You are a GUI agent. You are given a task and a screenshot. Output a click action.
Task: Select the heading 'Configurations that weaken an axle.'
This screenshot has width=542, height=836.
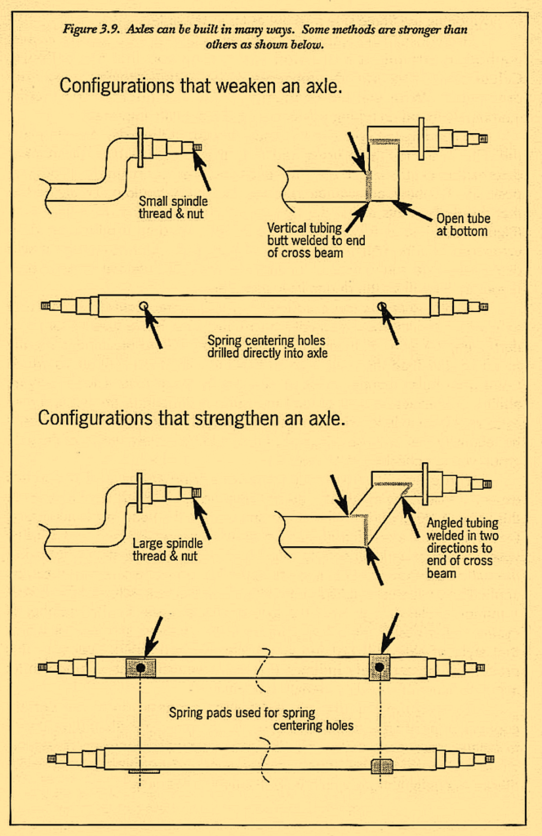tap(200, 86)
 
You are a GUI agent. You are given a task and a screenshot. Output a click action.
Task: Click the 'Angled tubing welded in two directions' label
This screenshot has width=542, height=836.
tap(462, 548)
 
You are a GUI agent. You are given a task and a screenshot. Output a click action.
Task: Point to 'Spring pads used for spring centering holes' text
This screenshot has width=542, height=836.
tap(261, 718)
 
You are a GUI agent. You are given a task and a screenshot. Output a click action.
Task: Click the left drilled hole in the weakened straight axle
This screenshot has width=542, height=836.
tap(144, 307)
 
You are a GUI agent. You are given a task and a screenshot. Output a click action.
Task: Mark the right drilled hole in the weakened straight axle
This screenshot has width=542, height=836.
tap(381, 307)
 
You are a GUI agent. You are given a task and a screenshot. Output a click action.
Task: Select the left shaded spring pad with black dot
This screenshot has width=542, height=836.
tap(140, 667)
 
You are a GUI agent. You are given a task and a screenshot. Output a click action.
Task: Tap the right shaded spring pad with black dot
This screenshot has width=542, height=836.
tap(380, 666)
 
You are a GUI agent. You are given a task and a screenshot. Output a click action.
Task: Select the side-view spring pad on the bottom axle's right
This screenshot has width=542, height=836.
tap(381, 766)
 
